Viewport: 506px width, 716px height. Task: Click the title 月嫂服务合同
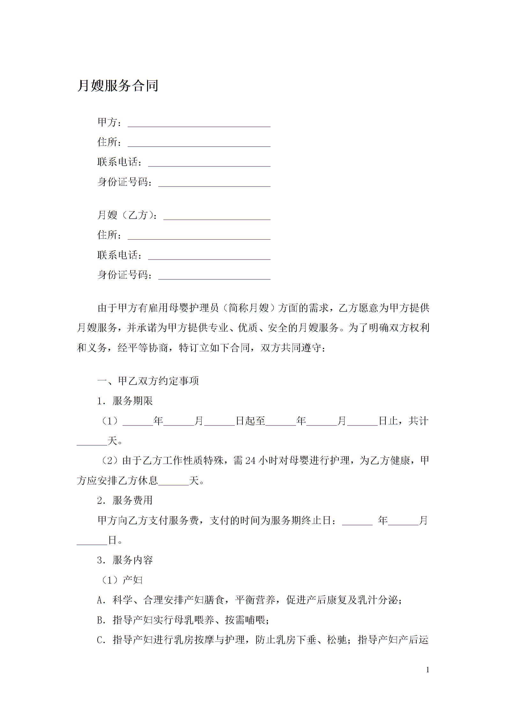[x=118, y=86]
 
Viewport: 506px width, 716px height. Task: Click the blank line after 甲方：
[x=199, y=123]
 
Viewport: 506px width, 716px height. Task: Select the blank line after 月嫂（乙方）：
[x=217, y=216]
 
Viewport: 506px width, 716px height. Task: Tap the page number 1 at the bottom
[x=428, y=670]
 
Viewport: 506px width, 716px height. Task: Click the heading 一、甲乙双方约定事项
[x=148, y=381]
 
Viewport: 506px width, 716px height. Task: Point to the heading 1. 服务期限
[x=125, y=401]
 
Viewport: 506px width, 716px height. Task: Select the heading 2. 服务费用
[x=125, y=500]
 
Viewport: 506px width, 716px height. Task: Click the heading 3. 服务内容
[x=125, y=560]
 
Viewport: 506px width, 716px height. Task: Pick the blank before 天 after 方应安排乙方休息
[x=174, y=481]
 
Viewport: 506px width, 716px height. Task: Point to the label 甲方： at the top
[x=109, y=122]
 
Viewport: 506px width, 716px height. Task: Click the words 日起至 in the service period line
[x=250, y=421]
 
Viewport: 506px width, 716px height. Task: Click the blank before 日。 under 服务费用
[x=92, y=541]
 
